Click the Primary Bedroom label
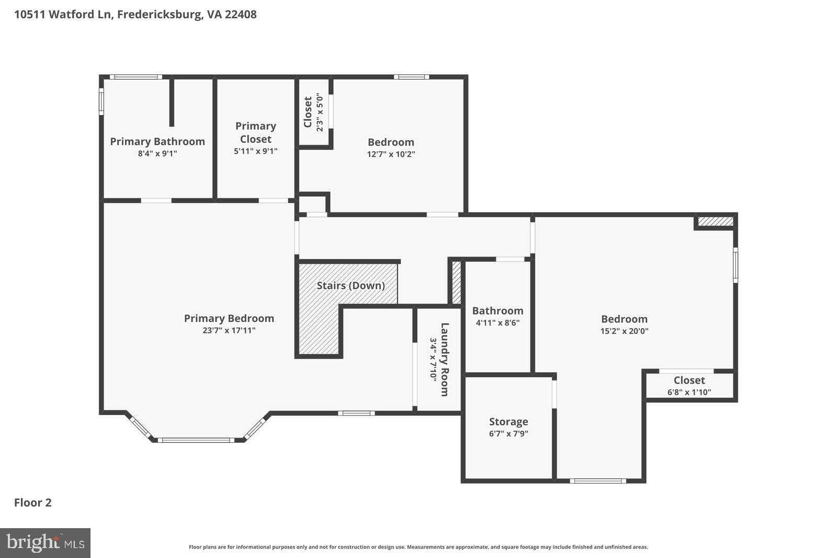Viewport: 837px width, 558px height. (229, 318)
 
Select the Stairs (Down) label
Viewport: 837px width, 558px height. (350, 286)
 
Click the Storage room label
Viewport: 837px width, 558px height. (508, 422)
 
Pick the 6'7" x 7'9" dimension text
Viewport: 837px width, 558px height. (508, 434)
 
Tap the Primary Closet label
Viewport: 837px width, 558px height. (255, 132)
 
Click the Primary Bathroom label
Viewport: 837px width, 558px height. (157, 141)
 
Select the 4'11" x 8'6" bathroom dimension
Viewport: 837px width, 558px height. (497, 323)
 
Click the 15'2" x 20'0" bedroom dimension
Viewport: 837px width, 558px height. (624, 331)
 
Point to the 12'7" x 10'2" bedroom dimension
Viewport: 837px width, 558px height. (391, 154)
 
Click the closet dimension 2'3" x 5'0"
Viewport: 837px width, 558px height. (320, 112)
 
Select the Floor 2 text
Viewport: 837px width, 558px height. (33, 503)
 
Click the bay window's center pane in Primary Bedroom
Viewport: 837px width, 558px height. (197, 440)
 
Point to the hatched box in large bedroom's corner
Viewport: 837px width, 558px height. (716, 221)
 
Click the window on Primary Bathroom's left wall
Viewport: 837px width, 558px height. (101, 101)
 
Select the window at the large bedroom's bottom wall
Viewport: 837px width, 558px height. (597, 481)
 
